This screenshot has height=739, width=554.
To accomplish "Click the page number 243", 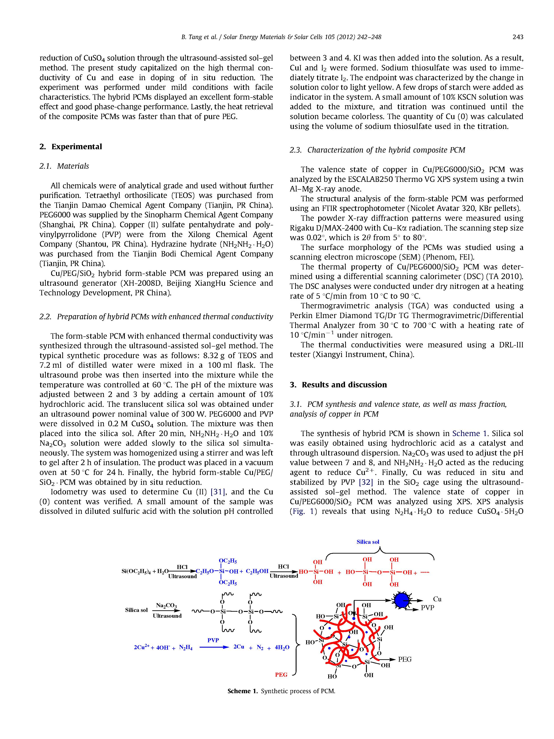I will (518, 37).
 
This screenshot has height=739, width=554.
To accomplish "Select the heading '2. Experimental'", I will (71, 147).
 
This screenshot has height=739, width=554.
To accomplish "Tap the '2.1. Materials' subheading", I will (64, 166).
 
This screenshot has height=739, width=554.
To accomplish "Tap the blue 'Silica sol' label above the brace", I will (368, 542).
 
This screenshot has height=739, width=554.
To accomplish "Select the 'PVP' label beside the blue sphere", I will (427, 608).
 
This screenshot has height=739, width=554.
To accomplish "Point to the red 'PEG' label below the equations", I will (281, 674).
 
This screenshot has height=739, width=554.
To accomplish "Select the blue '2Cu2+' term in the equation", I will (142, 647).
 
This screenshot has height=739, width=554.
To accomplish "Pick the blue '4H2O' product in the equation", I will (282, 647).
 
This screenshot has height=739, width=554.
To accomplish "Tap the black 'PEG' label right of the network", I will (405, 659).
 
